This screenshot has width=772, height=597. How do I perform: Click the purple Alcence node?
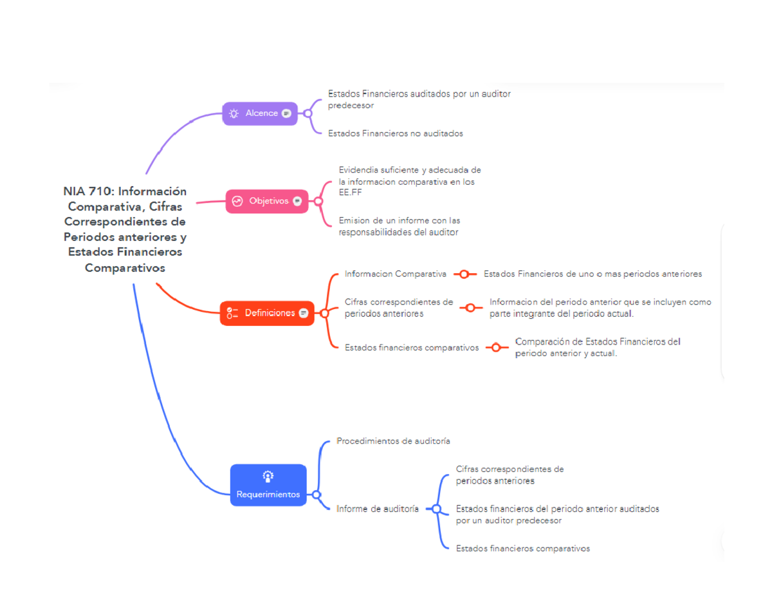(260, 113)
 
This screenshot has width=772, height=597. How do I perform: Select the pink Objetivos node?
(267, 201)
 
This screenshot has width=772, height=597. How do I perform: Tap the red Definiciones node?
(267, 313)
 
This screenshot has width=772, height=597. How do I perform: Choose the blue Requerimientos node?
(268, 485)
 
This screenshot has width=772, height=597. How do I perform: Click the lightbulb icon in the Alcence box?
(234, 113)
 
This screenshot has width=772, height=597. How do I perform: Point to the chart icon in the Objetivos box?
(237, 201)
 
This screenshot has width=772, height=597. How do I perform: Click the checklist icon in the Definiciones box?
(232, 313)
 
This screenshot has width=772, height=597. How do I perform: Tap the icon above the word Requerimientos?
(268, 477)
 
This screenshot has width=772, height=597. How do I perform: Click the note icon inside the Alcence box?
(286, 113)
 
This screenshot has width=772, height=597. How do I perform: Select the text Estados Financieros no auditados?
(396, 133)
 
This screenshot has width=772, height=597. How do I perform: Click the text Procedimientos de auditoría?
(393, 441)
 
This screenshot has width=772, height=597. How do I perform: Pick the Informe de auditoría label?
(377, 509)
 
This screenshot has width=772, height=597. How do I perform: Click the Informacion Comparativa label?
(396, 274)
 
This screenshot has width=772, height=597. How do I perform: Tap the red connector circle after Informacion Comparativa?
(464, 274)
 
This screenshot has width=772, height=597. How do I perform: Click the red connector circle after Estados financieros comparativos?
(496, 347)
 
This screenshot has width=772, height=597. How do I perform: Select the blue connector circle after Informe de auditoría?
(437, 509)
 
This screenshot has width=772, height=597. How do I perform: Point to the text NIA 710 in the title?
(89, 191)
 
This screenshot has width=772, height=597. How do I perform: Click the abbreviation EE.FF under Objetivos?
(351, 193)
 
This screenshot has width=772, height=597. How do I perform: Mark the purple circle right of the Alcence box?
(308, 113)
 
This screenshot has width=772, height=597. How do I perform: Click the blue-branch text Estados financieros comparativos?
(523, 549)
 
